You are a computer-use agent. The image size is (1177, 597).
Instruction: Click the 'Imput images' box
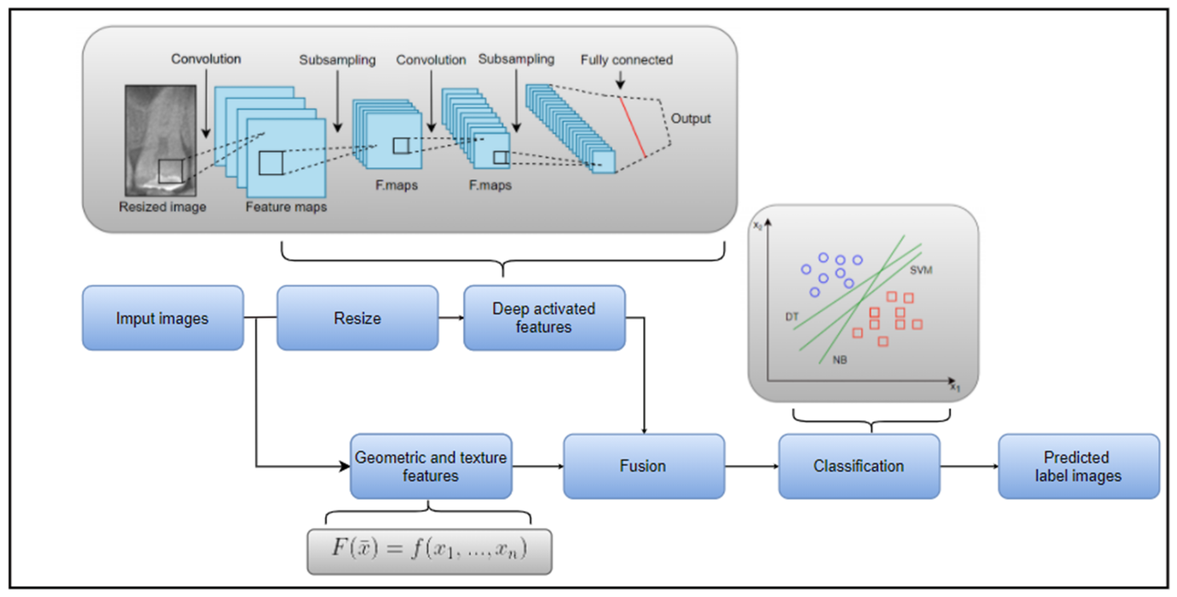(x=163, y=318)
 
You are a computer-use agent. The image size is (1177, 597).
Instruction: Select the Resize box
(x=357, y=318)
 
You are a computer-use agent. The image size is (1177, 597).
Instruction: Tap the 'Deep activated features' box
(x=544, y=318)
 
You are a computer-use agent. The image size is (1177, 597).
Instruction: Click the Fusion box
(x=643, y=466)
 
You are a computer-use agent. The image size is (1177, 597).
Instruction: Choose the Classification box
(x=859, y=466)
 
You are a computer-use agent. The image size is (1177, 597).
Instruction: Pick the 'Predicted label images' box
(x=1078, y=466)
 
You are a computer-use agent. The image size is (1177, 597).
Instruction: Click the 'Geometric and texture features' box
(x=430, y=466)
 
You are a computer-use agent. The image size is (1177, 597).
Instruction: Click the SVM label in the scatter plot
(x=921, y=270)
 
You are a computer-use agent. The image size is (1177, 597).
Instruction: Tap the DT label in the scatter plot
(x=792, y=317)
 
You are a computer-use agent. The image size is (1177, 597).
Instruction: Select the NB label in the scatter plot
(x=840, y=360)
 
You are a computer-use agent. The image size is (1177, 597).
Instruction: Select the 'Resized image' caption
(x=162, y=207)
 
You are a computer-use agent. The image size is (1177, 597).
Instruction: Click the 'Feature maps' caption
(x=287, y=207)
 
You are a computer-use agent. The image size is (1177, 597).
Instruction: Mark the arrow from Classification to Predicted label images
(x=969, y=466)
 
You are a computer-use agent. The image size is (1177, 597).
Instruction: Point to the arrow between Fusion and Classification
(x=751, y=466)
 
